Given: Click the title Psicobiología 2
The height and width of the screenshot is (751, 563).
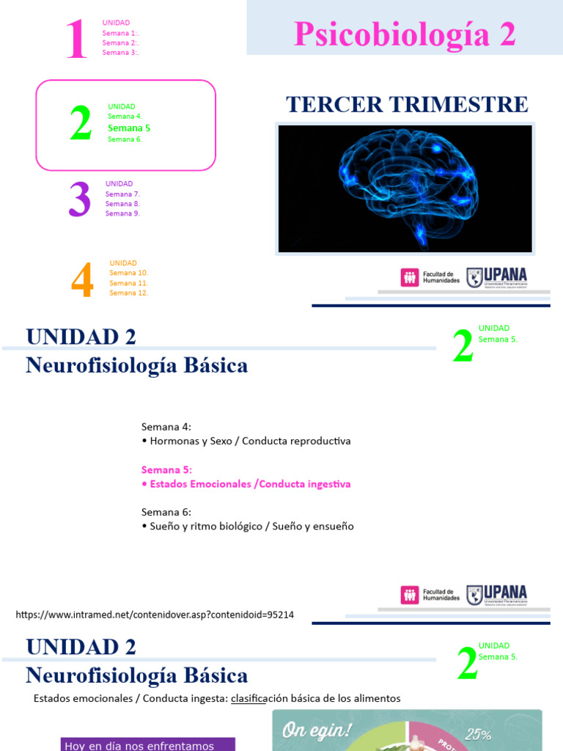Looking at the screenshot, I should [x=405, y=34].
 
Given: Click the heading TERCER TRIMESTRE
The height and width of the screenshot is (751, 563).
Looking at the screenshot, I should [x=407, y=105].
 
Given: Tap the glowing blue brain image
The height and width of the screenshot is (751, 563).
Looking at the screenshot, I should [x=405, y=188].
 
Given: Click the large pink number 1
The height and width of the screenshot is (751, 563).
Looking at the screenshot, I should [x=76, y=40].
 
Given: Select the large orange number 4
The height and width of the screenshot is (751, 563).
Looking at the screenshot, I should [x=82, y=281].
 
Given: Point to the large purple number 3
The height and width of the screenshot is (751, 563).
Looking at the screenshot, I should [x=79, y=200].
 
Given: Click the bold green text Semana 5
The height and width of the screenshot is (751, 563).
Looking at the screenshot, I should [x=129, y=128].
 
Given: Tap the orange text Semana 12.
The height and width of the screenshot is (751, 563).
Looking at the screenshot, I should [x=129, y=293].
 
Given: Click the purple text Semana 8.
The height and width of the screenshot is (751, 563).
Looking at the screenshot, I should [x=122, y=204].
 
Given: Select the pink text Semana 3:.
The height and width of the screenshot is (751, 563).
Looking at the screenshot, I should [x=121, y=53].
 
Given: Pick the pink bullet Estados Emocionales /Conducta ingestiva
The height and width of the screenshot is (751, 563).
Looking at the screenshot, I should [x=246, y=484].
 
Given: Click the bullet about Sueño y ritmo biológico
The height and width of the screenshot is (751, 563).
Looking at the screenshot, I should [x=248, y=527].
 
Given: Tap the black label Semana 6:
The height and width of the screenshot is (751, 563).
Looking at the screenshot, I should [x=166, y=512].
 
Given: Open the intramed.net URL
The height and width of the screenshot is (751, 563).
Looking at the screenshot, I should [x=155, y=615].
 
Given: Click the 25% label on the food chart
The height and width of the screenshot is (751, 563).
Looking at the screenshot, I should [x=478, y=734].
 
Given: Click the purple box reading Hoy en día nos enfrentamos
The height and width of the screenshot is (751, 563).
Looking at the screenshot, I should [x=147, y=745].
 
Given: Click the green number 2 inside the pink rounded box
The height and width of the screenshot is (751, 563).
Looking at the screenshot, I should [x=81, y=124].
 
